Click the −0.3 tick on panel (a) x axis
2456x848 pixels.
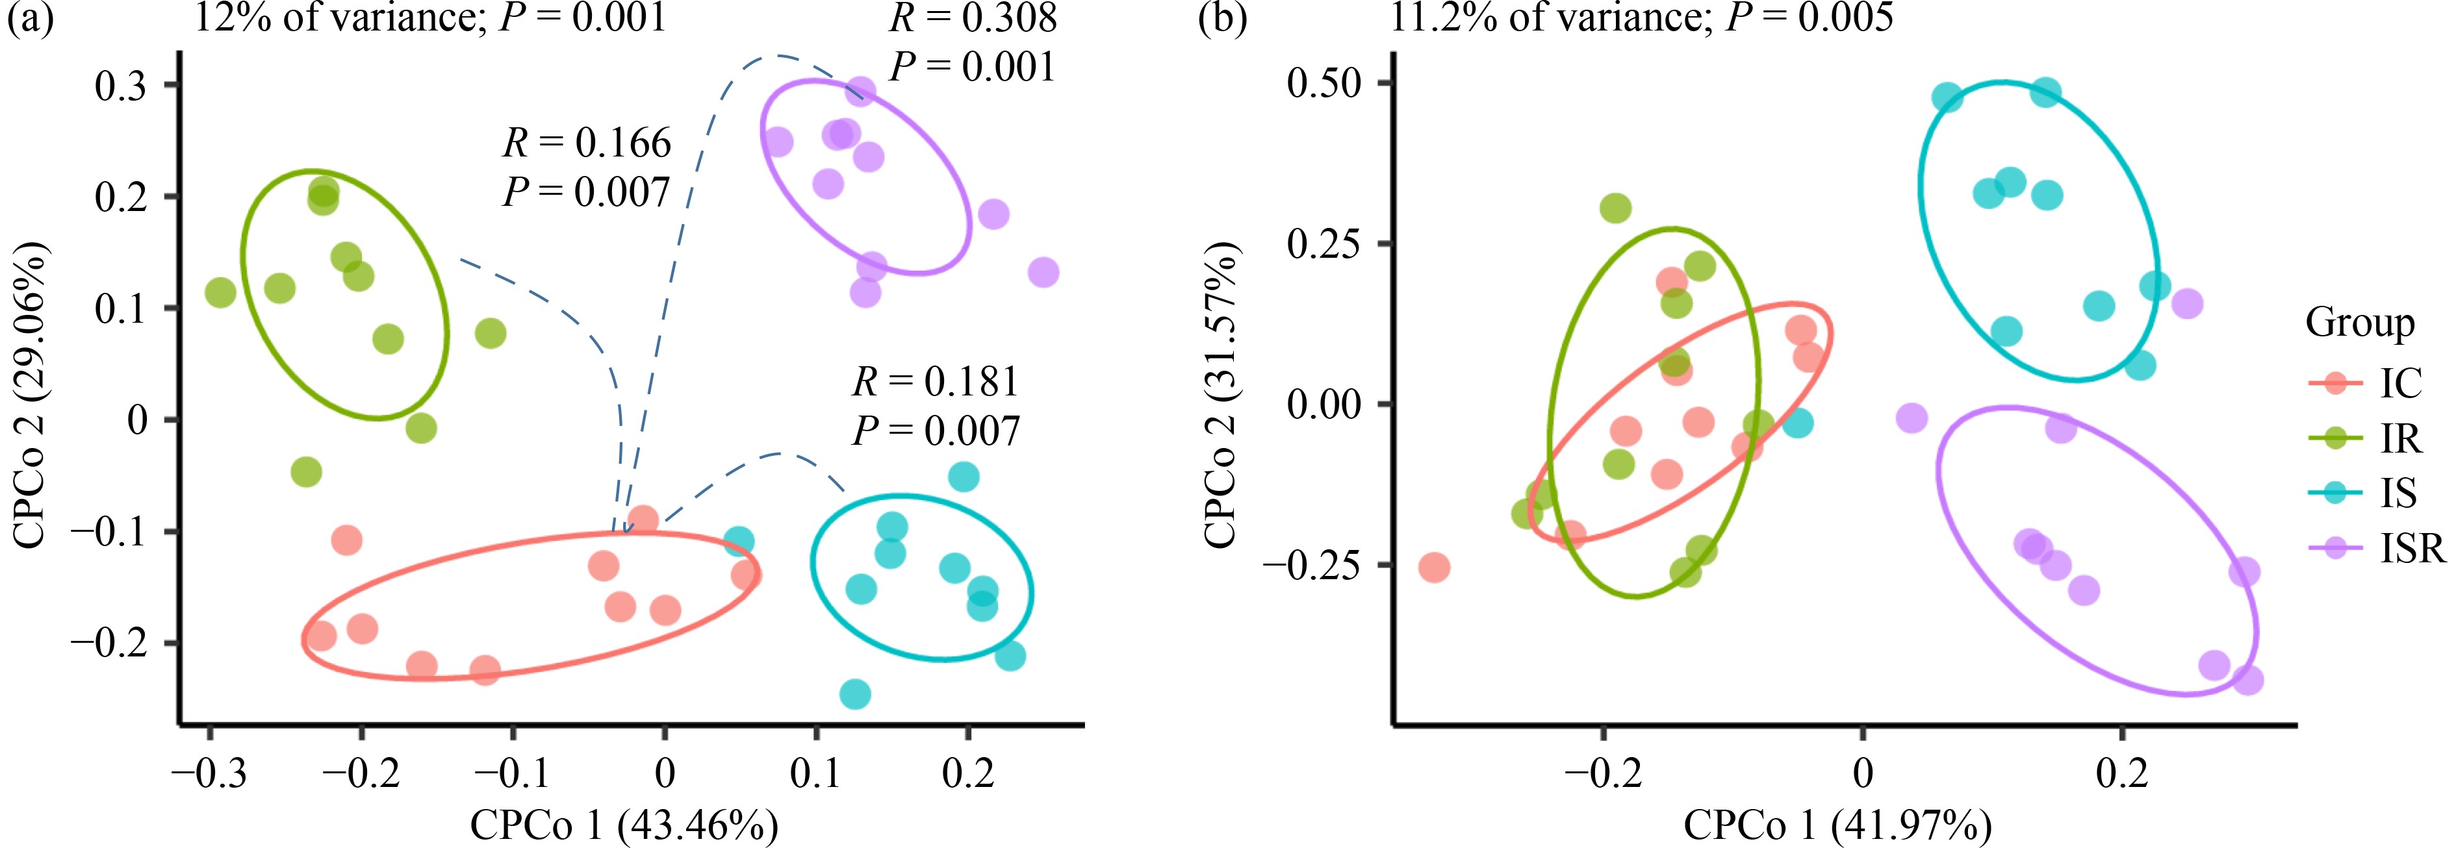[209, 772]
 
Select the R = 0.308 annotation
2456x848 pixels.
[973, 17]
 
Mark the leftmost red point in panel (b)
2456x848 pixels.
[1434, 568]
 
